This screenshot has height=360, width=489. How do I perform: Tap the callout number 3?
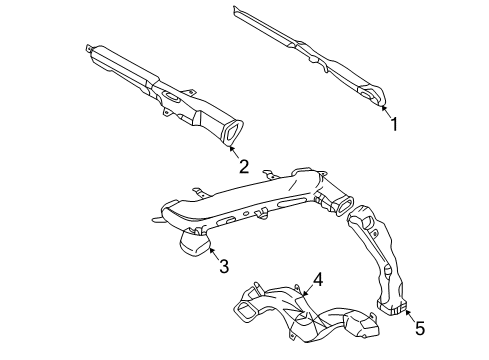point(224,267)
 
